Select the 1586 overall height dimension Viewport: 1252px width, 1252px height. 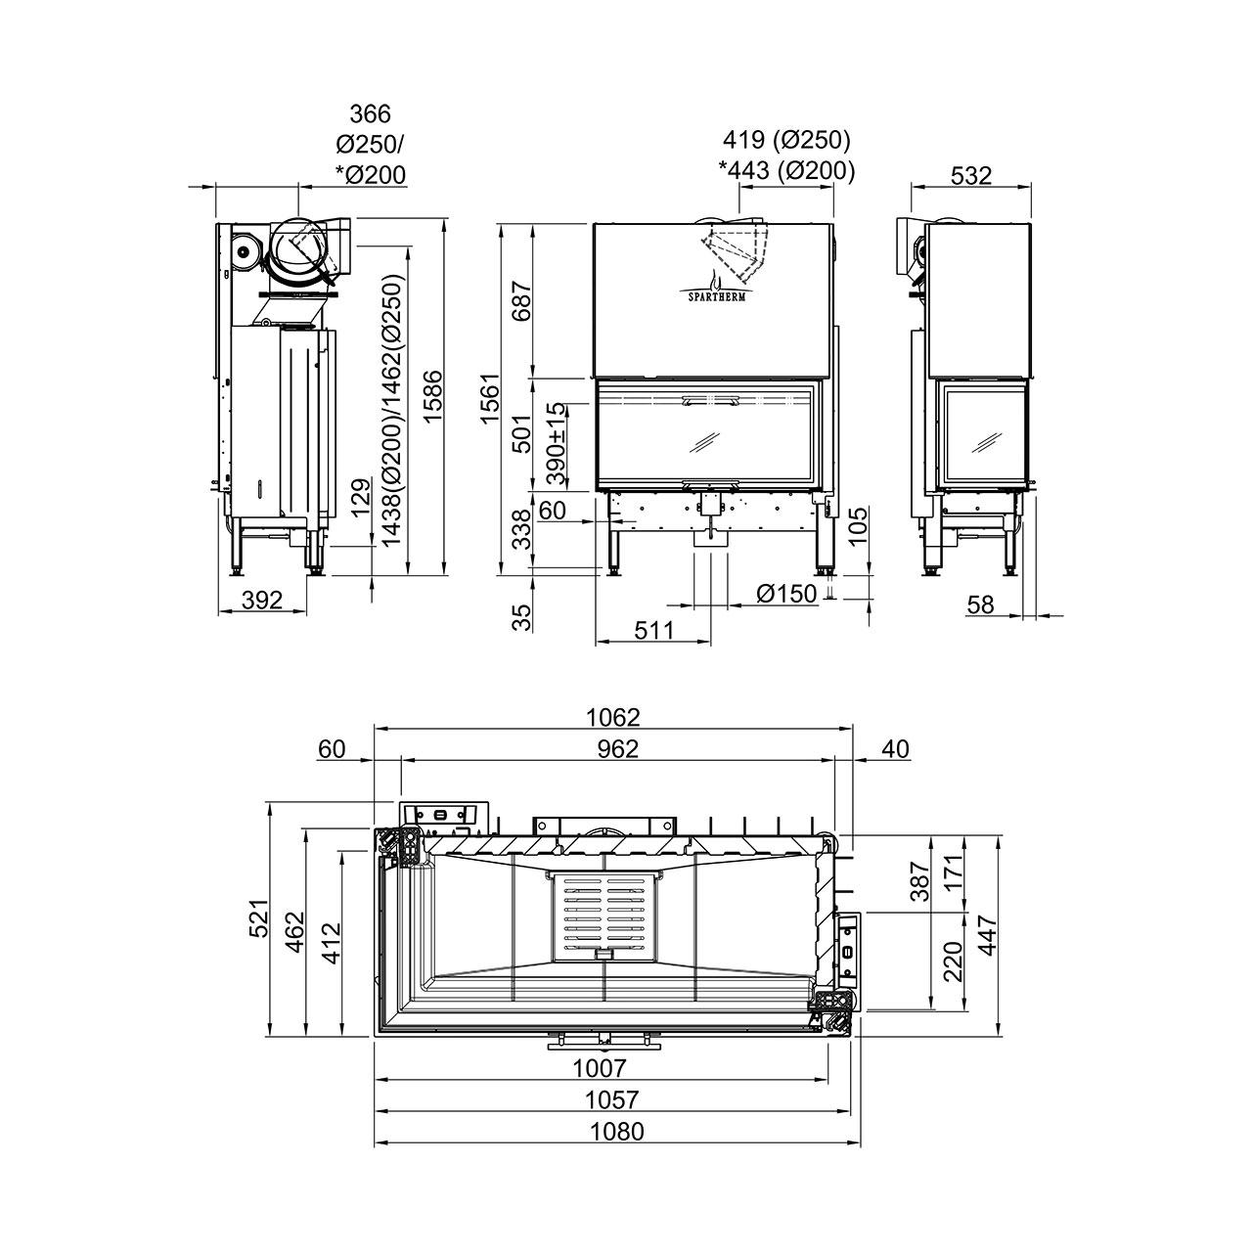coord(432,396)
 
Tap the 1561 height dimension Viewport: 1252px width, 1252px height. coord(490,398)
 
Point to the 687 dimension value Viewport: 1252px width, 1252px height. coord(521,299)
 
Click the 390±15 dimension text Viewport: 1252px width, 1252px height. coord(557,444)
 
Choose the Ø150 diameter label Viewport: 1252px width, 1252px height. coord(786,593)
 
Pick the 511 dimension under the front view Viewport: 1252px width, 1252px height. coord(654,630)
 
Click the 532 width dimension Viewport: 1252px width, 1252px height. coord(970,175)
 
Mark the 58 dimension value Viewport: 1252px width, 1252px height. coord(980,604)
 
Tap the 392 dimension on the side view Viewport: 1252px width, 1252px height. coord(262,600)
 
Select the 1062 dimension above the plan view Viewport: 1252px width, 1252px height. coord(612,717)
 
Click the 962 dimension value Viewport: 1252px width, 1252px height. coord(618,748)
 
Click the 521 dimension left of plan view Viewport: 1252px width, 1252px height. coord(259,918)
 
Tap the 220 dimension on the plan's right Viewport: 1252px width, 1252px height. coord(953,961)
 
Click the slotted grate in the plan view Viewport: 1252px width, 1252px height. coord(603,917)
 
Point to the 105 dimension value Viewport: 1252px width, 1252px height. coord(858,525)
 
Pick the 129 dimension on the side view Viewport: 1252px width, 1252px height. coord(361,497)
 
